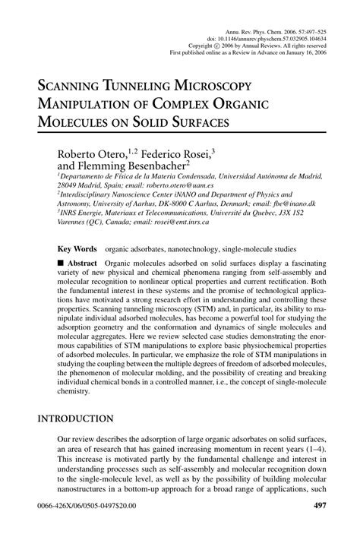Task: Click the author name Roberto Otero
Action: click(x=88, y=156)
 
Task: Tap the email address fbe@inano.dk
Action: click(x=295, y=204)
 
